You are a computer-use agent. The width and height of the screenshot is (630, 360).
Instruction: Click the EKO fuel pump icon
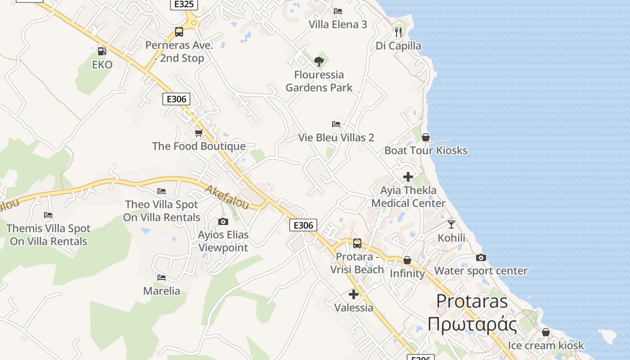(x=102, y=51)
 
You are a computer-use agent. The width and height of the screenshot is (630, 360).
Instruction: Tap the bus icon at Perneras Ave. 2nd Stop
(x=179, y=32)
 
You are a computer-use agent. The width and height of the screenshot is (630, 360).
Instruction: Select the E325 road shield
(x=184, y=4)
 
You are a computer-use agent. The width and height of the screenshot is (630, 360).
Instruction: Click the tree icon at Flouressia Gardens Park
(x=319, y=62)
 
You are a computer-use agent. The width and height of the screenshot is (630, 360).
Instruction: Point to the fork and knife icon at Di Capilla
(x=398, y=32)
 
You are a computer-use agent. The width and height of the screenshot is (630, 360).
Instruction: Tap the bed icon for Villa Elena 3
(x=338, y=11)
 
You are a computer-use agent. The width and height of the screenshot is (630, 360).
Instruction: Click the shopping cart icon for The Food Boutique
(x=199, y=133)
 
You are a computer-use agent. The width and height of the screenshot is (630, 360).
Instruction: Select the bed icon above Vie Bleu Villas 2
(x=336, y=124)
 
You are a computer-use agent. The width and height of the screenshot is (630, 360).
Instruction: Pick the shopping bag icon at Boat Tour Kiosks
(x=426, y=137)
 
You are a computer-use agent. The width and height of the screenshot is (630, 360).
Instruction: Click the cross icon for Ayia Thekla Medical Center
(x=408, y=177)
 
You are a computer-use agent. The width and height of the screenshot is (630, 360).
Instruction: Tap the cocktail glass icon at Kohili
(x=451, y=224)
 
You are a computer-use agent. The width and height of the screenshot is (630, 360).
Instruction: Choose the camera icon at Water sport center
(x=481, y=258)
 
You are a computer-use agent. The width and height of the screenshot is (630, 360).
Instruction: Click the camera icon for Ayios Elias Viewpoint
(x=223, y=221)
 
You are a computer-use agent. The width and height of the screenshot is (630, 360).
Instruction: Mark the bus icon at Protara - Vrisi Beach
(x=357, y=243)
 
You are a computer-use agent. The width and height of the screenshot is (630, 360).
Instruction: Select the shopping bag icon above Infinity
(x=407, y=261)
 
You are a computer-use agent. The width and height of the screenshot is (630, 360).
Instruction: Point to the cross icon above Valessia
(x=354, y=294)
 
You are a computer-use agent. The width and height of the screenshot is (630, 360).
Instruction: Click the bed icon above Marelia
(x=162, y=278)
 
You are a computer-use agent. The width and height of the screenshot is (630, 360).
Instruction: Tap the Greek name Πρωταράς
(x=472, y=324)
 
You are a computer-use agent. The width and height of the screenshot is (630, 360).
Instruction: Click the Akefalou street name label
(x=227, y=197)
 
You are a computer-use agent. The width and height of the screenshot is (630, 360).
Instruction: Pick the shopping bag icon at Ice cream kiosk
(x=546, y=333)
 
